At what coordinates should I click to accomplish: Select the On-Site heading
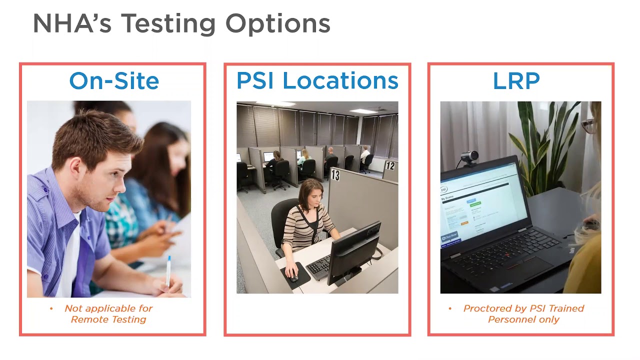point(114,81)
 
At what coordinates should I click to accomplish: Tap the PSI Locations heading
point(317,81)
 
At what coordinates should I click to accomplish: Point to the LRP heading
point(516,81)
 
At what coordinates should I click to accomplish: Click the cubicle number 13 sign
point(335,174)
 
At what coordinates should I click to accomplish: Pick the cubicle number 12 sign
point(390,165)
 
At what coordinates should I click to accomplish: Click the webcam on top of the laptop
point(468,158)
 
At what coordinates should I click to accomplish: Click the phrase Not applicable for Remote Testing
point(108,314)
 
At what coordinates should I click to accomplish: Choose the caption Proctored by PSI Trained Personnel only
point(523,314)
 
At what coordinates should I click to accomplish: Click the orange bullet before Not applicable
point(51,308)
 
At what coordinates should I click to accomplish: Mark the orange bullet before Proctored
point(449,308)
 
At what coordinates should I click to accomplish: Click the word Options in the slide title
point(277,23)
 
